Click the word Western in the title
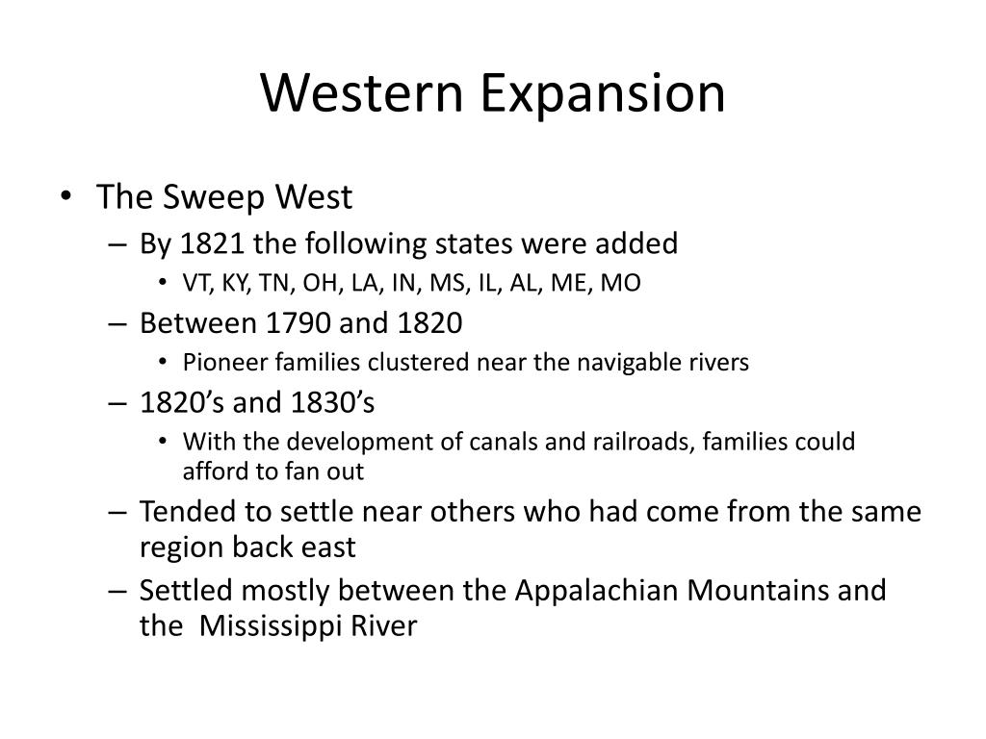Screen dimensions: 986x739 coord(362,92)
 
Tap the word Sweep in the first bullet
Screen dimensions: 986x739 coord(214,198)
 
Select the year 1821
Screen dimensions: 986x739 coord(212,243)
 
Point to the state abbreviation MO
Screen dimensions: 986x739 coord(621,283)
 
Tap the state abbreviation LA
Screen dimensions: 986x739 coord(365,284)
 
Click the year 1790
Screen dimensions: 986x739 coord(298,323)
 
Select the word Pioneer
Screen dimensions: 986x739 coord(225,363)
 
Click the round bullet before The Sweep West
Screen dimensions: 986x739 coord(66,196)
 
